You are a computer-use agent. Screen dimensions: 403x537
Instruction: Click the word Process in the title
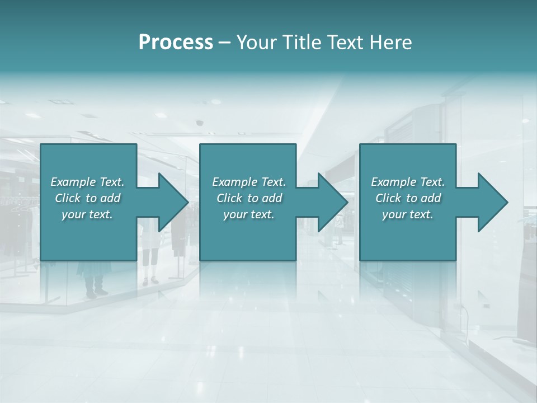[x=176, y=43]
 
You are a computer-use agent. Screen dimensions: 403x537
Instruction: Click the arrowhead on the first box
[x=170, y=202]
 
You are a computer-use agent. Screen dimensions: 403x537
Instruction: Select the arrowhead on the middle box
[x=329, y=202]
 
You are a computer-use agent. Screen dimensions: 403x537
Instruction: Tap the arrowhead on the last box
[x=489, y=202]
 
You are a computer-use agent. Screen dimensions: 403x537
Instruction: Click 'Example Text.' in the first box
[x=88, y=182]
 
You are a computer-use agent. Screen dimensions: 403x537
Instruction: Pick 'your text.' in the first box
[x=88, y=214]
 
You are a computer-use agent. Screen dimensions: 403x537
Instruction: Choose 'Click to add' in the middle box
[x=249, y=198]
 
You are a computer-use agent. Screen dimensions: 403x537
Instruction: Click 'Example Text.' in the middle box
[x=249, y=182]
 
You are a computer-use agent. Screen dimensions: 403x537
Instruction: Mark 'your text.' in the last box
[x=408, y=214]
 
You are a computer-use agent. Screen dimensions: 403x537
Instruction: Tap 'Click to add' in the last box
[x=408, y=198]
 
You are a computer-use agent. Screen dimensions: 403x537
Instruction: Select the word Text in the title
[x=344, y=43]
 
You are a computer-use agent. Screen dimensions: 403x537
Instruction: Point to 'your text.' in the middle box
[x=249, y=214]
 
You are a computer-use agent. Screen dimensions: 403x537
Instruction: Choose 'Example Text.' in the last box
[x=408, y=182]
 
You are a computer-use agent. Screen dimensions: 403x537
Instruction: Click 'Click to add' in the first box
[x=88, y=198]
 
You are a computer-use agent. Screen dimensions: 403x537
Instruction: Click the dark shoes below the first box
[x=95, y=292]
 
